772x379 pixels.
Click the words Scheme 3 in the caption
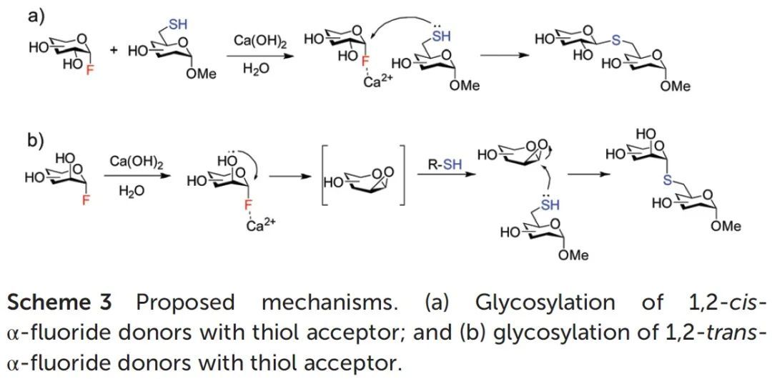[x=59, y=302]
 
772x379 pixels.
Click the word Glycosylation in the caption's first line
[x=545, y=302]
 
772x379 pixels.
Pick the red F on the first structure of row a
[x=89, y=70]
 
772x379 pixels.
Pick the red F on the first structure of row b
[x=86, y=202]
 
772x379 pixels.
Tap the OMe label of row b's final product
[x=726, y=226]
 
